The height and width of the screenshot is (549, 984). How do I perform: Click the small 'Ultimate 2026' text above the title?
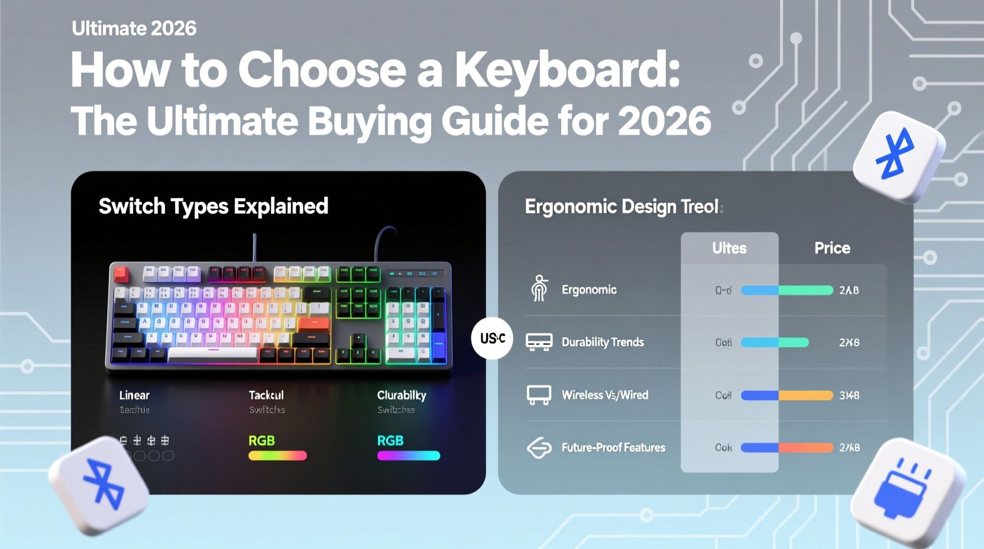coord(134,28)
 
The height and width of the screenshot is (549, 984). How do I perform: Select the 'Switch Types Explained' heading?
coord(213,206)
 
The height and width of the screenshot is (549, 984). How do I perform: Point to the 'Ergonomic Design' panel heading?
coord(622,206)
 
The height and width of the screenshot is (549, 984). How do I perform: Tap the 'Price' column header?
coord(832,248)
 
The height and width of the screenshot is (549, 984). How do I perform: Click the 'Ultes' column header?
coord(729,248)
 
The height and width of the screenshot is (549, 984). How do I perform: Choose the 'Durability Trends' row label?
coord(603,342)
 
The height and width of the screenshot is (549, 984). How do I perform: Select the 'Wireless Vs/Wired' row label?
coord(604,395)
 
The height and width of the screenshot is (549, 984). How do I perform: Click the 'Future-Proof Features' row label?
coord(613,448)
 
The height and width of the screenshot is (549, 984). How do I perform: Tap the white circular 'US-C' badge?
coord(492,338)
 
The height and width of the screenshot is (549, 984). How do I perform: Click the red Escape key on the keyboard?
coord(121,273)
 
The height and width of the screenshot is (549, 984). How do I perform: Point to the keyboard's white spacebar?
coord(212,354)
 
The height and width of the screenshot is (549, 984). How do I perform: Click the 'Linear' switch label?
coord(134,395)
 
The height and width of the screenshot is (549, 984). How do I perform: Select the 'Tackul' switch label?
coord(266,395)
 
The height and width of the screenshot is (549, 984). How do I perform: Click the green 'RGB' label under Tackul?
coord(261,441)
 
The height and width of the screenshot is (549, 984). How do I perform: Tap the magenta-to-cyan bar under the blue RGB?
coord(409,456)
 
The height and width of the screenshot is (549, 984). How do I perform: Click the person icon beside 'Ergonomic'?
coord(539,289)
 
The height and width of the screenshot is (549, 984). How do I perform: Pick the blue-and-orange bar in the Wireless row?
coord(786,395)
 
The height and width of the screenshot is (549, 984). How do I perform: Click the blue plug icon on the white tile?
coord(902,488)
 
